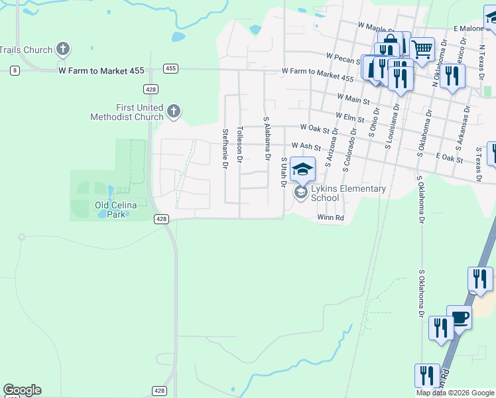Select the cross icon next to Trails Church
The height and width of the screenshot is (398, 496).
tap(63, 48)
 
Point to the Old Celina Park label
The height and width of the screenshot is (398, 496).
tap(115, 206)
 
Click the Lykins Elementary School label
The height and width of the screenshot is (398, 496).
tap(348, 193)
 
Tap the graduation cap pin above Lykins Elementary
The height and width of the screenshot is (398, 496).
tap(302, 169)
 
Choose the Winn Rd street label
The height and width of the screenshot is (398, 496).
tap(330, 218)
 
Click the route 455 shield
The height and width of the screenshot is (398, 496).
tap(170, 68)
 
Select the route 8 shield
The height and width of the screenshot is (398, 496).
tap(15, 70)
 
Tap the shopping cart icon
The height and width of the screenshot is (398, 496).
tap(422, 48)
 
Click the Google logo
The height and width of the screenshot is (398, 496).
tap(22, 390)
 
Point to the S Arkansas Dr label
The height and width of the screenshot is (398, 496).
tap(462, 129)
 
